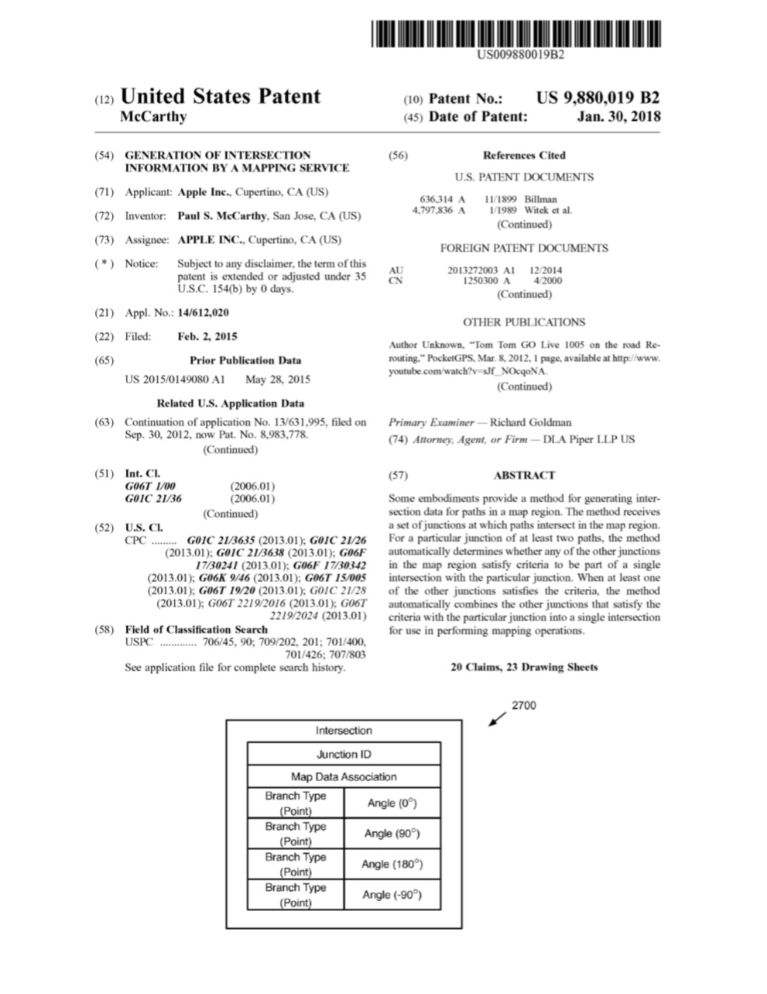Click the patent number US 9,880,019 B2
[x=598, y=98]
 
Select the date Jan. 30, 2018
[x=619, y=117]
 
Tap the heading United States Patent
[x=221, y=97]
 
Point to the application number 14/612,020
[x=203, y=313]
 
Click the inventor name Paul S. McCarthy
[x=222, y=216]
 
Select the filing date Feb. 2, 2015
[x=207, y=337]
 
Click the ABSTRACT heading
[x=524, y=476]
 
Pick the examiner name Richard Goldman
[x=531, y=422]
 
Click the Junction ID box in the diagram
[x=344, y=755]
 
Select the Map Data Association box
[x=344, y=777]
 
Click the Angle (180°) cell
[x=392, y=864]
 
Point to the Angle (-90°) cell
[x=392, y=895]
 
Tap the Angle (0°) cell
[x=392, y=803]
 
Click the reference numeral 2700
[x=523, y=706]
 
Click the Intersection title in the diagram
[x=344, y=731]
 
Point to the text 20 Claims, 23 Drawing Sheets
[x=524, y=667]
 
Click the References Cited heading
[x=524, y=155]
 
